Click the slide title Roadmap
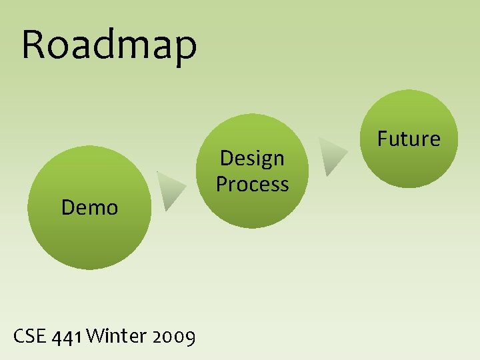[109, 45]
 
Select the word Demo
[89, 208]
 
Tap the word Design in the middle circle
[252, 159]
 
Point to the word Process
[252, 184]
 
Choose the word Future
[409, 139]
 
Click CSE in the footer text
[29, 337]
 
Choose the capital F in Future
[383, 139]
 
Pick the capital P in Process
[222, 184]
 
